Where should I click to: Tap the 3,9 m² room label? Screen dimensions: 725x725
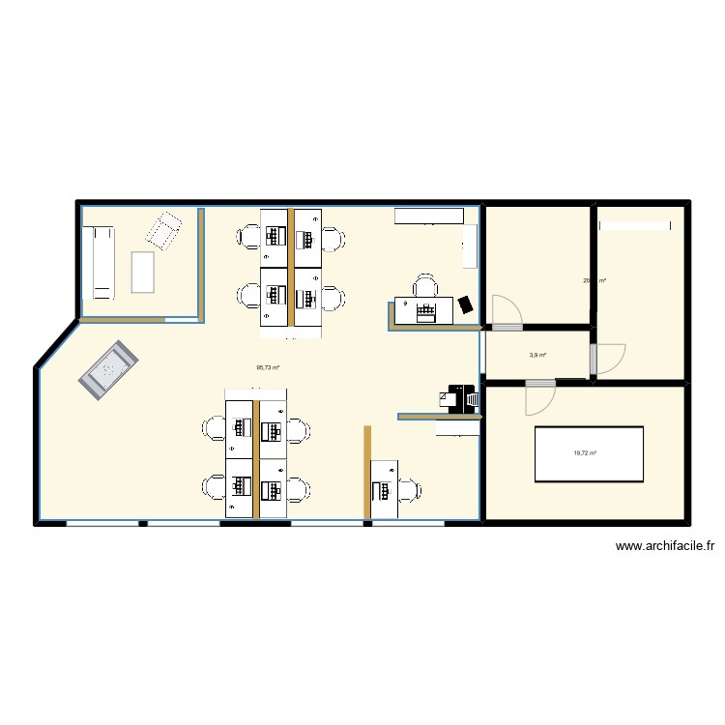tap(537, 355)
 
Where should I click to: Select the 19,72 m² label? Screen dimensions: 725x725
tap(585, 452)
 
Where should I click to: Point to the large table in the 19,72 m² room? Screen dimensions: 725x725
tap(590, 453)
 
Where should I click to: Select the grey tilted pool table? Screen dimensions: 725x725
tap(108, 367)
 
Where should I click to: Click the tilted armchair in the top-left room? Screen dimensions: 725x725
tap(163, 231)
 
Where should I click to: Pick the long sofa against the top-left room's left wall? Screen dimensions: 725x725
tap(101, 261)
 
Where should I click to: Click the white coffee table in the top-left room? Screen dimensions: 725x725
tap(143, 272)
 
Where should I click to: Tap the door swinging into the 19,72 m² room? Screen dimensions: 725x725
tap(539, 398)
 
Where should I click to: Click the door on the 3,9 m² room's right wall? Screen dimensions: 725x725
tap(609, 359)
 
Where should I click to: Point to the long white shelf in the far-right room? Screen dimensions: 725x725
tap(636, 225)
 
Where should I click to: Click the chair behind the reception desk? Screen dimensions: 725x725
tap(425, 285)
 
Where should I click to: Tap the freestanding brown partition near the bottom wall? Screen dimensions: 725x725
tap(367, 474)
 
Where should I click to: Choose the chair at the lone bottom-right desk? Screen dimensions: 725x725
tap(411, 489)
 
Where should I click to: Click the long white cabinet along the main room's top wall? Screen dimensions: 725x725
tap(428, 215)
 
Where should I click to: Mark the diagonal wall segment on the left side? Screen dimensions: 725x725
tap(56, 342)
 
